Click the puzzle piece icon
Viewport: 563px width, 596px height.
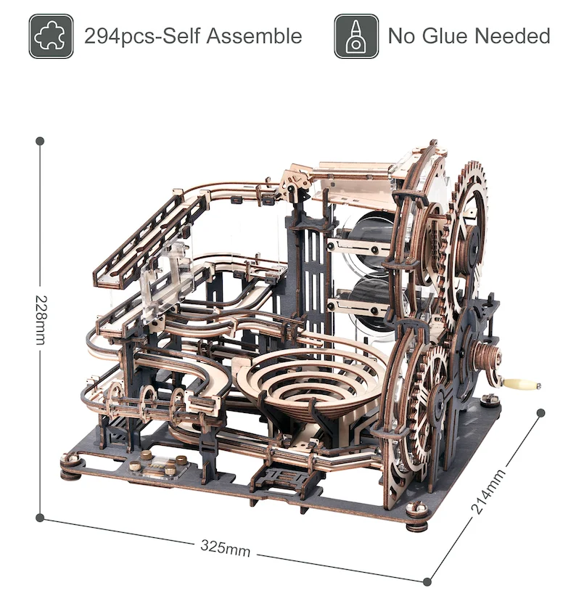point(52,36)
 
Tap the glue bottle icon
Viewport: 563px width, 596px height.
point(356,36)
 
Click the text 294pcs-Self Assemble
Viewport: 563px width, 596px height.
point(193,36)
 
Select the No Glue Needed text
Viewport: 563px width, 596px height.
point(469,36)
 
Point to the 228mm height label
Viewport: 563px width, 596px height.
point(41,320)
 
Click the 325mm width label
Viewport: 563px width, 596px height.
point(226,548)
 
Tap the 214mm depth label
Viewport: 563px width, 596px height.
point(488,491)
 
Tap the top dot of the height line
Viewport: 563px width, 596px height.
point(40,142)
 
